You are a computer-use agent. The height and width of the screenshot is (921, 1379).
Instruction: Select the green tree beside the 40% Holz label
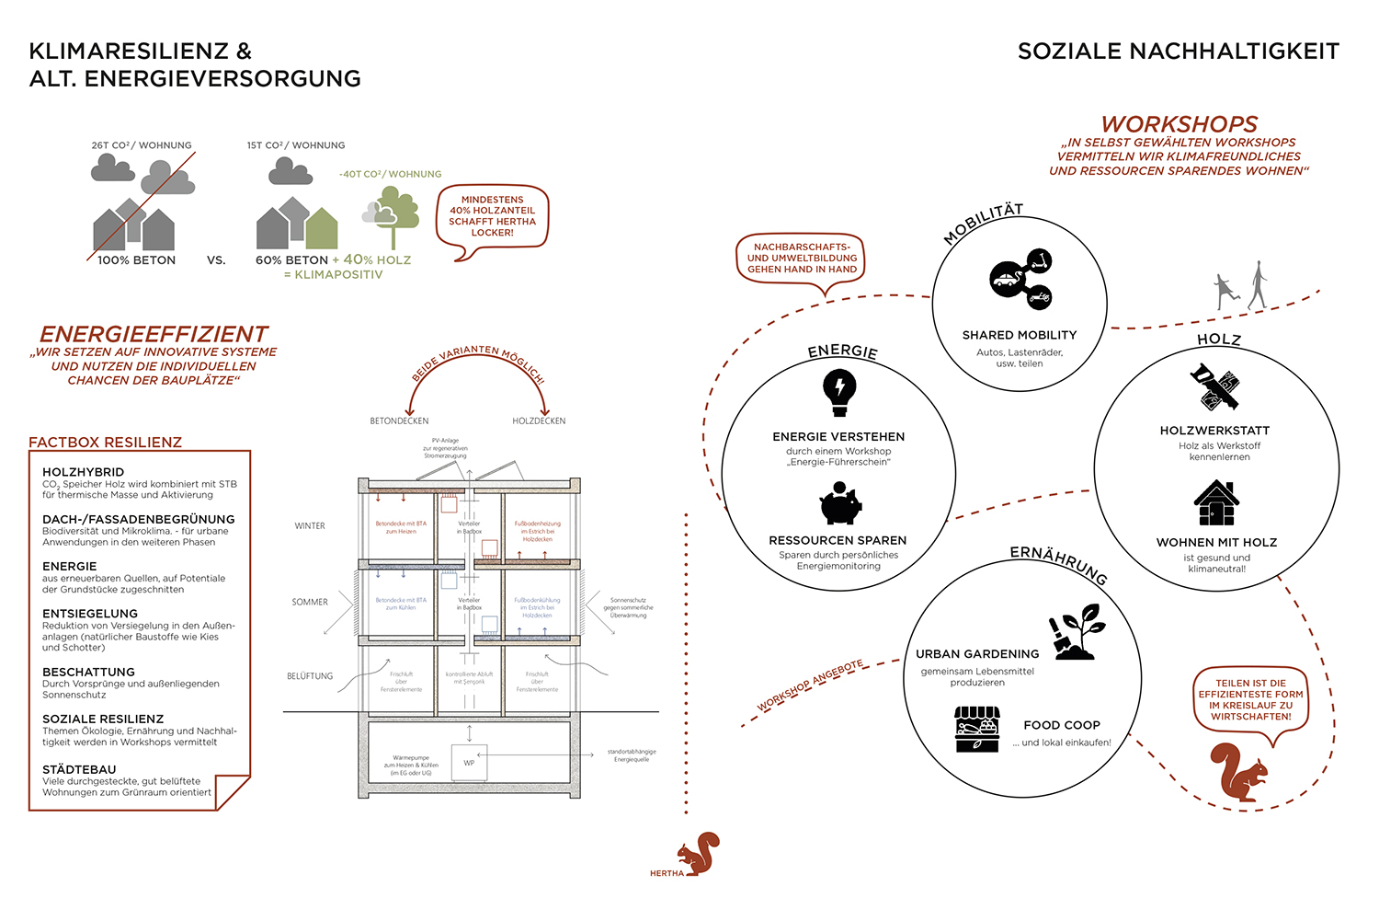click(x=393, y=214)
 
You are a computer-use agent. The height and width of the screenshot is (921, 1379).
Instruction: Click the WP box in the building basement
click(x=469, y=763)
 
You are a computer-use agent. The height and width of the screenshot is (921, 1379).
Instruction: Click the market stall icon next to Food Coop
click(x=976, y=729)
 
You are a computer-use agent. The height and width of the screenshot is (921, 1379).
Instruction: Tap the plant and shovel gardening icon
click(x=1078, y=632)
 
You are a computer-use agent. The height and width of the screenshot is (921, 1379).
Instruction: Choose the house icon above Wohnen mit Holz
click(x=1216, y=503)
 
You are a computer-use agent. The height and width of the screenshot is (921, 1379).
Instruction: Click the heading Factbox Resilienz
click(x=106, y=443)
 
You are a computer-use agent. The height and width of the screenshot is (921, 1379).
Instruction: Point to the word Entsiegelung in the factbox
click(x=90, y=614)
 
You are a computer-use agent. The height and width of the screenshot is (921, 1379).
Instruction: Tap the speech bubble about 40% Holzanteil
click(x=493, y=216)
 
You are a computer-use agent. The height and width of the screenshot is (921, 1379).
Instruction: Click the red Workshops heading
click(x=1180, y=124)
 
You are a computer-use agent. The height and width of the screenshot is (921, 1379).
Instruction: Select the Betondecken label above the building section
click(x=399, y=421)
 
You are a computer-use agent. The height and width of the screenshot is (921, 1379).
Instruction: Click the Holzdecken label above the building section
click(x=539, y=421)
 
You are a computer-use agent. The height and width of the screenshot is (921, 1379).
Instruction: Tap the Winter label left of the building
click(x=310, y=526)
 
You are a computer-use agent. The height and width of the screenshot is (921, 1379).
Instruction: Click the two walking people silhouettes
click(x=1240, y=287)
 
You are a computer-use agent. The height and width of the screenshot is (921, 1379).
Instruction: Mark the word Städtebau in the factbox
click(x=79, y=769)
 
